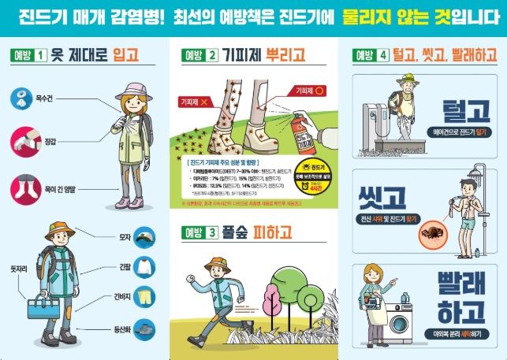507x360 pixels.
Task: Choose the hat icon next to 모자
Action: tap(144, 236)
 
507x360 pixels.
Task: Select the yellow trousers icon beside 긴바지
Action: tap(144, 297)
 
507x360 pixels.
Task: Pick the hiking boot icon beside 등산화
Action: tap(144, 328)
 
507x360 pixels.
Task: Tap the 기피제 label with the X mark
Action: tap(194, 102)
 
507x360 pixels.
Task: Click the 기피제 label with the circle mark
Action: tap(308, 91)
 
